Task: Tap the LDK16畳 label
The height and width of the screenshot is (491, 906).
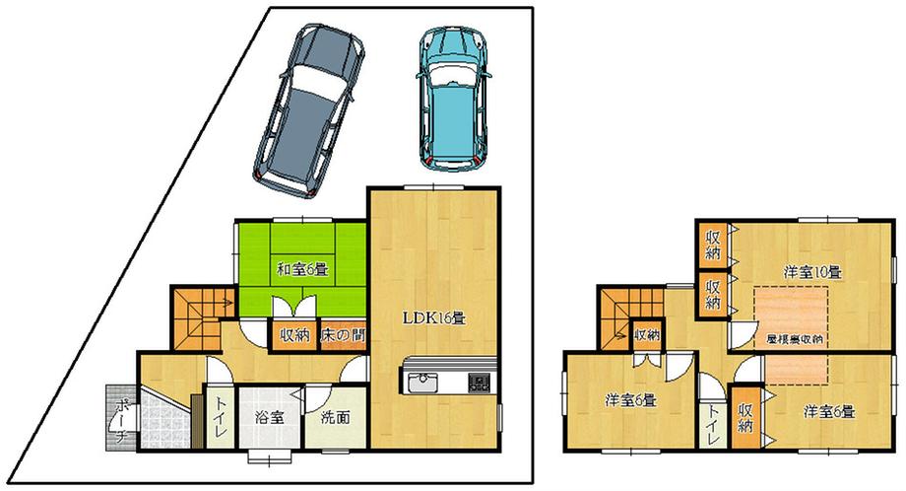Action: (x=433, y=318)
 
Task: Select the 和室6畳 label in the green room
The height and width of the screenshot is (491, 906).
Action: (x=300, y=268)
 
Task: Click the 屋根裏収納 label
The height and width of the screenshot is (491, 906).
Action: (x=794, y=338)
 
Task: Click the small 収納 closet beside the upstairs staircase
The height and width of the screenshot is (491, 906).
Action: (x=646, y=335)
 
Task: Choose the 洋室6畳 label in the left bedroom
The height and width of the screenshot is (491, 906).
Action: (x=630, y=399)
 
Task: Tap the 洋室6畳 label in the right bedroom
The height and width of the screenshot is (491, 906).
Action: (x=826, y=410)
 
